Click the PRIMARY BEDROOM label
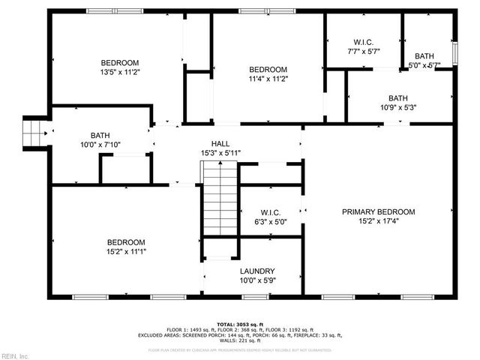click(378, 212)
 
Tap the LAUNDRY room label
click(257, 271)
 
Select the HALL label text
click(220, 143)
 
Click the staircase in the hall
click(220, 201)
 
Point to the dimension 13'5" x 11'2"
click(121, 72)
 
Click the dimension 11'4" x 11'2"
click(268, 79)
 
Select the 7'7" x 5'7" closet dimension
click(363, 52)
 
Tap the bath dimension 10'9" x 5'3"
click(397, 107)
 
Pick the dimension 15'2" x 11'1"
click(125, 252)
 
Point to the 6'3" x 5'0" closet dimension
click(270, 222)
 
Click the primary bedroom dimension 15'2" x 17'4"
click(378, 222)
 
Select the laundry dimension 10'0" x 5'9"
click(257, 280)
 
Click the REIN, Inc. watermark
click(15, 355)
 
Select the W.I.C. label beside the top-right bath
click(363, 42)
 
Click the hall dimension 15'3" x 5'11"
click(220, 153)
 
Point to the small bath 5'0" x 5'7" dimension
click(424, 65)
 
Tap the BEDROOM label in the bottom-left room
click(125, 242)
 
